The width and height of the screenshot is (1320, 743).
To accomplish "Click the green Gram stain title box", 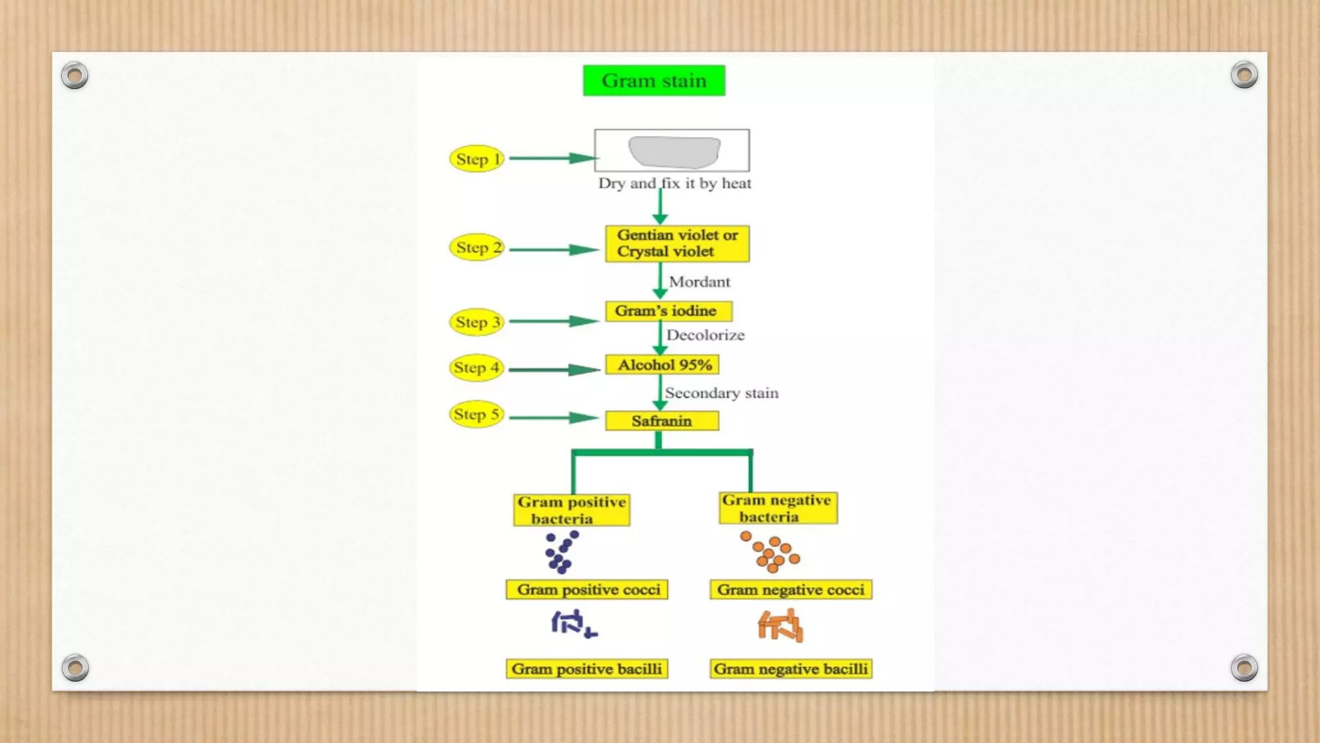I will tap(654, 81).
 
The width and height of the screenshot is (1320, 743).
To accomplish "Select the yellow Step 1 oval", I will tap(476, 159).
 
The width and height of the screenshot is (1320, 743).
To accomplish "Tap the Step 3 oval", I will tap(476, 322).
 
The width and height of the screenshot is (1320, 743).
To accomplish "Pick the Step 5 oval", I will tap(476, 414).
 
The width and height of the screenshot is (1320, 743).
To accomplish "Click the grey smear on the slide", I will tap(674, 152).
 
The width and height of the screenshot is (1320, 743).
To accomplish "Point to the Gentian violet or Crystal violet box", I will tap(677, 243).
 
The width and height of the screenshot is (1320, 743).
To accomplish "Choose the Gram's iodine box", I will tap(668, 311).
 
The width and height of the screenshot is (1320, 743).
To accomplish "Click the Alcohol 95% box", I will tap(663, 365).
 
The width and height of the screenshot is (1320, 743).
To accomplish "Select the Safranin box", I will tap(662, 421).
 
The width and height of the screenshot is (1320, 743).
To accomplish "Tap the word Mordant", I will tap(699, 282).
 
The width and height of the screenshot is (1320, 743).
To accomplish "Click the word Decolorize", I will tap(705, 335).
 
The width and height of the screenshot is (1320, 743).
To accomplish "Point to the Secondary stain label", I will tap(721, 393).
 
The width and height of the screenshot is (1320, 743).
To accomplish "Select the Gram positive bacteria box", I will tap(572, 510).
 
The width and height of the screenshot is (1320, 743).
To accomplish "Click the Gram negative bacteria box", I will tap(777, 508).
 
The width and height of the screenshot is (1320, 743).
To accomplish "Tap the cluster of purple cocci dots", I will tap(560, 552).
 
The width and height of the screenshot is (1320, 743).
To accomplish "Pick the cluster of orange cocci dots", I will tap(770, 552).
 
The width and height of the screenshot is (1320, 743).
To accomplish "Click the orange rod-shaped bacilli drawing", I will tap(781, 626).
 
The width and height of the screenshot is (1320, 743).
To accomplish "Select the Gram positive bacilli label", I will tap(587, 669).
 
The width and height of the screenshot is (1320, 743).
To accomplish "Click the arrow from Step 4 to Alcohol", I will tap(554, 370).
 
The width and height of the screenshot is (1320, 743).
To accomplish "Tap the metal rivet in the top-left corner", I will tap(75, 76).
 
